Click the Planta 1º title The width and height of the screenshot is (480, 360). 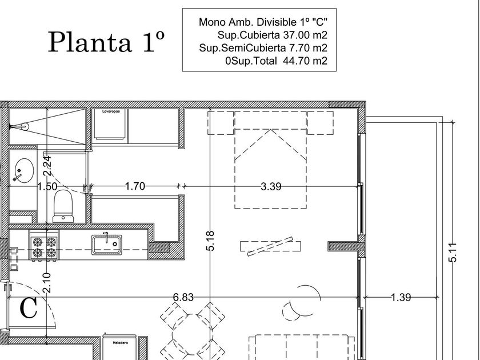tap(106, 42)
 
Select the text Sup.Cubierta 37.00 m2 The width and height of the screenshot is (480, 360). tap(272, 35)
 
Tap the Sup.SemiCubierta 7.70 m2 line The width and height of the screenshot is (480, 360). tap(263, 48)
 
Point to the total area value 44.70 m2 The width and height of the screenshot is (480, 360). tap(305, 61)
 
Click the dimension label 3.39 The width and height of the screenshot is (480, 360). tap(271, 186)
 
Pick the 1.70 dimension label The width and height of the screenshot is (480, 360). tap(135, 186)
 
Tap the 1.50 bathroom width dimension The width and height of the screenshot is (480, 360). tap(47, 186)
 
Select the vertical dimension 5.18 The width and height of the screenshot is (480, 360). tap(210, 241)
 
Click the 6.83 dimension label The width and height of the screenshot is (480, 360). tap(183, 297)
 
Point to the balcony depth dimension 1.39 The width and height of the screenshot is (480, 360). tap(401, 297)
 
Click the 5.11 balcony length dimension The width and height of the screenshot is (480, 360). tap(453, 253)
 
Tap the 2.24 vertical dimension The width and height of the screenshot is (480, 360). tap(47, 166)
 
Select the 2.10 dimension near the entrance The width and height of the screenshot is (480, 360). tap(47, 282)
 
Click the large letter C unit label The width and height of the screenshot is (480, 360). tap(29, 308)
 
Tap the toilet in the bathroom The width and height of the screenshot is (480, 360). tap(63, 206)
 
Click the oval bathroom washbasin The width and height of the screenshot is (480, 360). tap(24, 170)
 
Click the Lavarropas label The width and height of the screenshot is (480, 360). tap(111, 111)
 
